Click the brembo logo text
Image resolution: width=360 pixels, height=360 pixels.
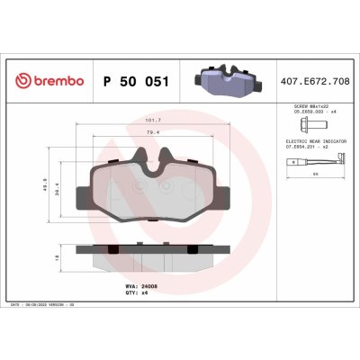click(58, 81)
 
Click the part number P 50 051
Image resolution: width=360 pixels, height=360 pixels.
click(135, 81)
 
